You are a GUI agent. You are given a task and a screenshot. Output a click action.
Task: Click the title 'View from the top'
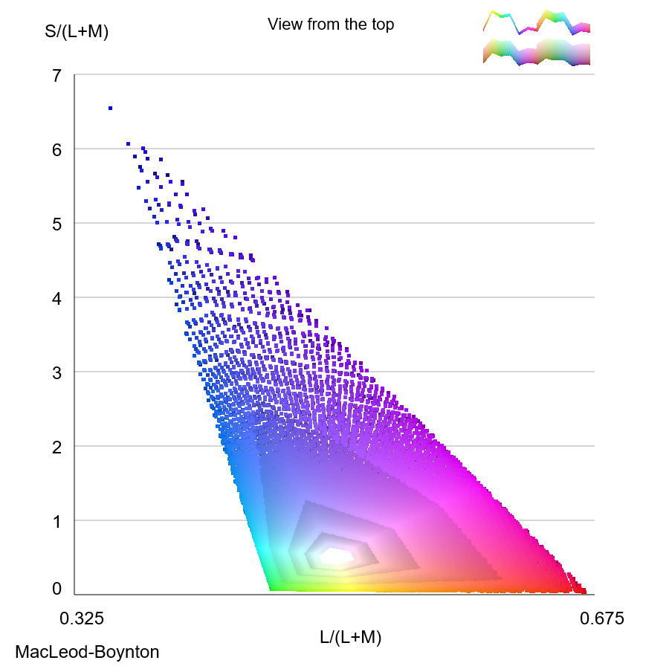click(331, 25)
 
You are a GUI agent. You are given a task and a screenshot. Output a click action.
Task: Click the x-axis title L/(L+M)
click(351, 637)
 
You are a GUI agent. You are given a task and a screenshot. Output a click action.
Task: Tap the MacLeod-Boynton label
click(87, 653)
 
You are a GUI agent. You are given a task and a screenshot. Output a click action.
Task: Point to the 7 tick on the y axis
click(56, 75)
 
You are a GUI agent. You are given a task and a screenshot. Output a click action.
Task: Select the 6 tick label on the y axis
click(56, 149)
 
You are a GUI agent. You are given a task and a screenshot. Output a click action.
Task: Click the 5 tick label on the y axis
click(56, 224)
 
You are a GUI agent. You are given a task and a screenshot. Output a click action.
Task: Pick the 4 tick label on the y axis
click(56, 298)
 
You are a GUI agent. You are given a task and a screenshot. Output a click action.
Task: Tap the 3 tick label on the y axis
click(56, 372)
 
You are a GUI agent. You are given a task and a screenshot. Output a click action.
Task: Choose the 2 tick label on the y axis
click(56, 447)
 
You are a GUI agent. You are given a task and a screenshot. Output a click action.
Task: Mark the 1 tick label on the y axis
click(56, 521)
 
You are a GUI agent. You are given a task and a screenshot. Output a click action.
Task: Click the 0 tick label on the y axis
click(56, 589)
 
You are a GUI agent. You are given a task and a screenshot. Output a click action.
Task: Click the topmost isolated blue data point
click(110, 109)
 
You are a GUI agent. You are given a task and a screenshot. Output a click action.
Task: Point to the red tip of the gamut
click(583, 591)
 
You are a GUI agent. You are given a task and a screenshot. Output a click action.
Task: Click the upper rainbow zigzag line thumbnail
click(535, 22)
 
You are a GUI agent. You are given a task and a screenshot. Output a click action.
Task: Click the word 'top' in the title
click(382, 25)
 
